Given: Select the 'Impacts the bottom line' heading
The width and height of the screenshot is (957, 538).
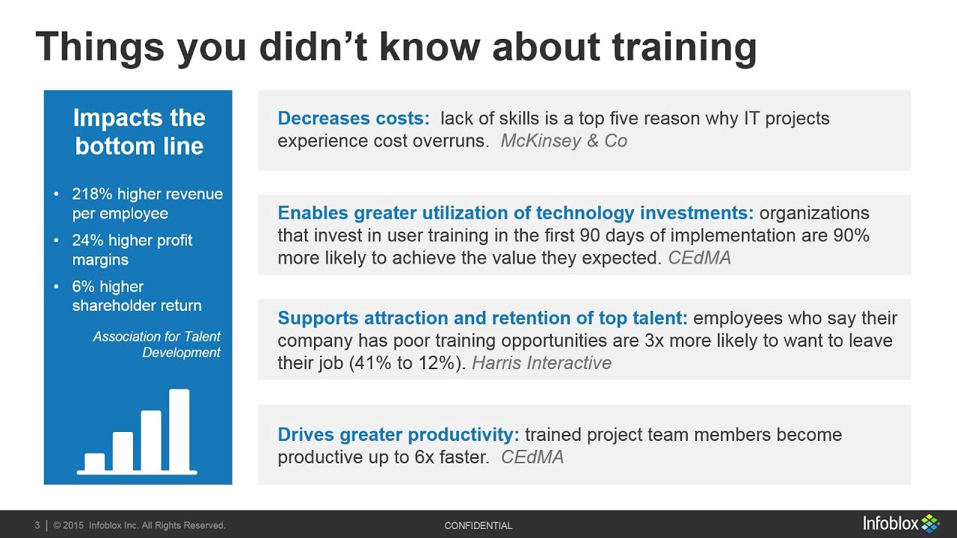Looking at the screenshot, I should pos(139,132).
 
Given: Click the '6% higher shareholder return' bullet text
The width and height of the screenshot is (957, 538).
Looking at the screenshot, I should pos(137,296).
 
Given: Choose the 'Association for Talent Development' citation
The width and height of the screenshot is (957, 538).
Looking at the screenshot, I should pos(157,344).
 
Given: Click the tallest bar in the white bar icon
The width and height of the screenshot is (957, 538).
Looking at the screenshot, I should pos(179,430).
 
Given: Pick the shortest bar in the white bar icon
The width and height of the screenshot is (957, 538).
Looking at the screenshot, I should pos(95,462).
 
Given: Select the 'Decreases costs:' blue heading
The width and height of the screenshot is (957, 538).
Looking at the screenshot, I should pos(354,118).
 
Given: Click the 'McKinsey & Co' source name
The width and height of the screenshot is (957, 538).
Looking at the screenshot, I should pos(564,141).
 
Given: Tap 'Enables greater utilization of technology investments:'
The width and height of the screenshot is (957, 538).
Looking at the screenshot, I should pos(515,213).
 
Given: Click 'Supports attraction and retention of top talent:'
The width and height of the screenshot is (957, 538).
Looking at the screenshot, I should pos(482,318).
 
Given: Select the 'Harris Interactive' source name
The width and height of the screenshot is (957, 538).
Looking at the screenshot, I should pos(541,364).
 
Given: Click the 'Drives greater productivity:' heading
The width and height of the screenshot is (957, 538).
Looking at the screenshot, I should pos(398,435).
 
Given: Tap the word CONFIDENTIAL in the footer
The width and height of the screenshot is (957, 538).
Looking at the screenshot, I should pos(478,526).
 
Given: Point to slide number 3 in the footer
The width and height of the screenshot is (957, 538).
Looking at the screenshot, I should pos(37,526).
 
